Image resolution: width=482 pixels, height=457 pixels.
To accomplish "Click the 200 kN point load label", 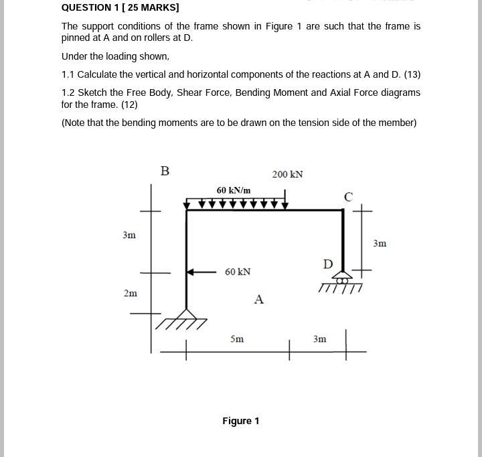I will point(287,175).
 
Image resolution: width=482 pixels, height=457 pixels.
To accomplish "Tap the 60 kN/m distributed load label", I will point(233,191).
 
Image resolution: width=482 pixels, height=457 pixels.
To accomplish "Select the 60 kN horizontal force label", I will point(238,272).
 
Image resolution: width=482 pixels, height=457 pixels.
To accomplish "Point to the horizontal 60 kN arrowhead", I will point(190,272).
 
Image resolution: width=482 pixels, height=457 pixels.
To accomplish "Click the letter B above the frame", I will point(165,172).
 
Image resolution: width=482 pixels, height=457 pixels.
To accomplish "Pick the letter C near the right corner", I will point(348,197).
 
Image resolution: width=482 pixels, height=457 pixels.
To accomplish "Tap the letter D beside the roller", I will point(327,265).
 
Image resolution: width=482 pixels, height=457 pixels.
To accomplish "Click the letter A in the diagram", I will point(259,300).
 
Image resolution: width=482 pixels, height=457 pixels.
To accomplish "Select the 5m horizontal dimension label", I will point(237,339).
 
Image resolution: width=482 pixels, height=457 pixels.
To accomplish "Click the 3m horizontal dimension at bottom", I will point(319,339).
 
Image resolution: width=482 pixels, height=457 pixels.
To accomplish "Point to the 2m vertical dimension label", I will point(131,293).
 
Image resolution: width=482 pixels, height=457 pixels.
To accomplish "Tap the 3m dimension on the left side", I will point(129,235).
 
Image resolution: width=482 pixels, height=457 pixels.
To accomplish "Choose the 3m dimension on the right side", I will point(380,243).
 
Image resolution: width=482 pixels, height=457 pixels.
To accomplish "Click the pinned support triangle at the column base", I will point(186,314).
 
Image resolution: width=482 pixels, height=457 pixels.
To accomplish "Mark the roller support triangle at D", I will point(342,275).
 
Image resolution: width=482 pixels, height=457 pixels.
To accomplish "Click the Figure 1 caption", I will point(241,421).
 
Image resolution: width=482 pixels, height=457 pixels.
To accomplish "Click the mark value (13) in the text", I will point(412,74).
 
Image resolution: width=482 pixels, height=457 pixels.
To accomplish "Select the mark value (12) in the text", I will point(129,105).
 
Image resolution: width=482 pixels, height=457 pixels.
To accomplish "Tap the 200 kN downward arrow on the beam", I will point(286,200).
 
